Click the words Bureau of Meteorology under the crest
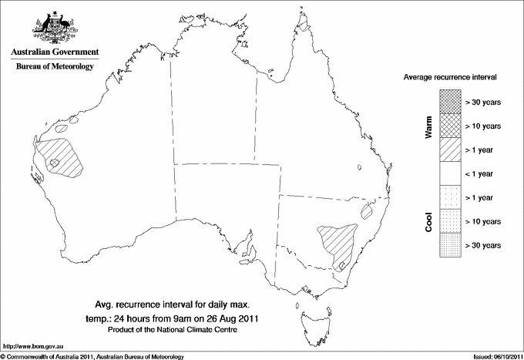click(54, 67)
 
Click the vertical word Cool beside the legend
click(428, 221)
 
